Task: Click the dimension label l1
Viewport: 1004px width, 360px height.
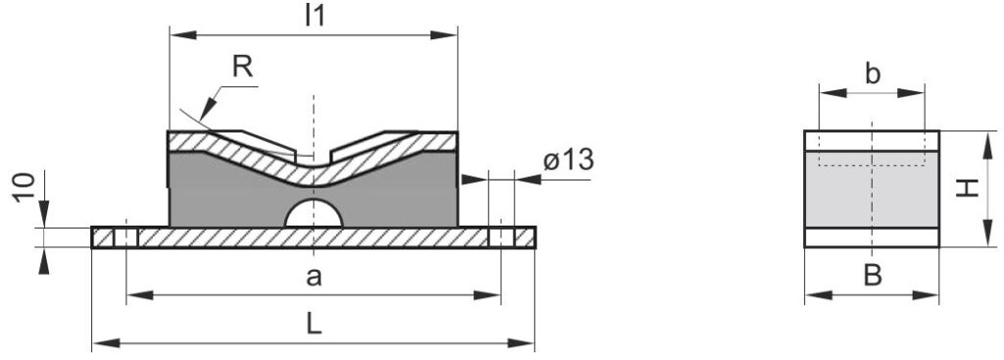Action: [x=315, y=16]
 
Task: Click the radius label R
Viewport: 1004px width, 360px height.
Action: [x=242, y=67]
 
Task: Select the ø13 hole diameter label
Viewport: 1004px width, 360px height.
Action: [x=569, y=160]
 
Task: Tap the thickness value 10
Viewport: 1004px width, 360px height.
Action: [x=25, y=187]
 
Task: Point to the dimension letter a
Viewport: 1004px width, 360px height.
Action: [x=314, y=277]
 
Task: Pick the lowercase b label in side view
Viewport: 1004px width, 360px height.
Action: [x=872, y=74]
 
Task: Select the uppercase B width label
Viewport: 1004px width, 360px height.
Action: [x=873, y=276]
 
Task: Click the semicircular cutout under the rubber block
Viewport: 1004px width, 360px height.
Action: [x=314, y=214]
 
